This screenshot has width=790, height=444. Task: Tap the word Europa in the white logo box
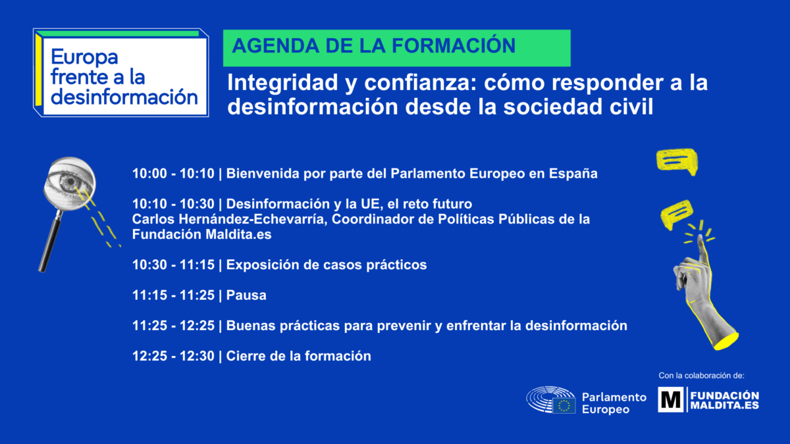point(84,57)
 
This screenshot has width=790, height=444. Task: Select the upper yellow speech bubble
point(677,161)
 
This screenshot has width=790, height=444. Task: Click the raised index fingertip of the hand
point(700,239)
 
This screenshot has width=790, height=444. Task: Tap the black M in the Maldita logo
point(670,400)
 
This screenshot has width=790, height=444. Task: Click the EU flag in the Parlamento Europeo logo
point(564,406)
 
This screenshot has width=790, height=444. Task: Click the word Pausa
point(246,295)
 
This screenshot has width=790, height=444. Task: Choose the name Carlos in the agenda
point(153,219)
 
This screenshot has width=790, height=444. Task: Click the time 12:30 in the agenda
point(197,356)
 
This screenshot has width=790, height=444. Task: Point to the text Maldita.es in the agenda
point(238,235)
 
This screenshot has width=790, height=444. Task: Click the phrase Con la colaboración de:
point(702,376)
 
